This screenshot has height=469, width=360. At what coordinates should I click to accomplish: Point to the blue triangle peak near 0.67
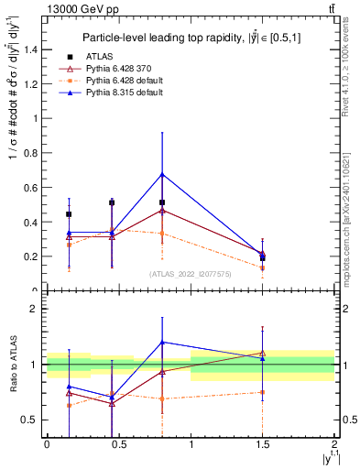pos(162,174)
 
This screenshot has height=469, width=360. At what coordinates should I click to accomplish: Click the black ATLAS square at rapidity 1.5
pos(263,258)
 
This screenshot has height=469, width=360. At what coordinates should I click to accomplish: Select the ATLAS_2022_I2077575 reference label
pos(191,274)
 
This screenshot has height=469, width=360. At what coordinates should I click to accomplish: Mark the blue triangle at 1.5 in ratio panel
pos(263,359)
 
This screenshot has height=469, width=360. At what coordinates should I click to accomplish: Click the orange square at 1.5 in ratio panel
pos(263,392)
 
